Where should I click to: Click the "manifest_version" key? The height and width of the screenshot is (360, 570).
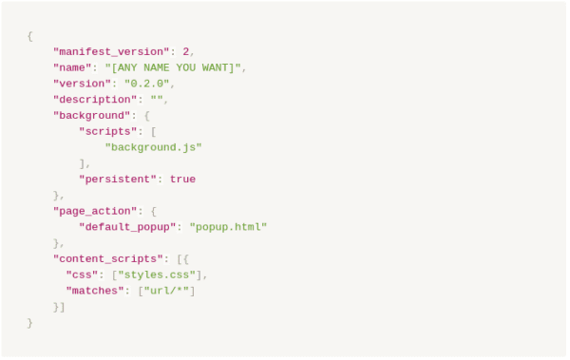click(x=111, y=52)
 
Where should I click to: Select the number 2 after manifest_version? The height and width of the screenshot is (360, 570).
click(x=186, y=51)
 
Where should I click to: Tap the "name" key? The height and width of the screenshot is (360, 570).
click(x=72, y=67)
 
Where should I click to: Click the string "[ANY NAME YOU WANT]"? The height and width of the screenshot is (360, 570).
click(x=173, y=67)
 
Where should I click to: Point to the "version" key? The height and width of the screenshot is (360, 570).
click(x=82, y=84)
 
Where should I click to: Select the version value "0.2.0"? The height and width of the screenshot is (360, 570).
click(x=147, y=84)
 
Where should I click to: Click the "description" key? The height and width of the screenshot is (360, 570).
click(x=95, y=100)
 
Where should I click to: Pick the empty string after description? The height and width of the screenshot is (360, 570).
click(x=157, y=99)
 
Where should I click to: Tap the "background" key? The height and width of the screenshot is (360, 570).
click(x=91, y=116)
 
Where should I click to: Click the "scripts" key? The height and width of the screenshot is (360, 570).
click(x=108, y=131)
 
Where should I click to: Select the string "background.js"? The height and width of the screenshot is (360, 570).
click(x=153, y=147)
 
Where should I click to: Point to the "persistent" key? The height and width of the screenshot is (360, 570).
click(x=118, y=180)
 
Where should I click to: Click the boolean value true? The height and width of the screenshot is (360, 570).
click(x=182, y=180)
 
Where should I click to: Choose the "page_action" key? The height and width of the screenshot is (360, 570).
click(x=95, y=211)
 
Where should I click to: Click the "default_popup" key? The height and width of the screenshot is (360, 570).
click(x=127, y=227)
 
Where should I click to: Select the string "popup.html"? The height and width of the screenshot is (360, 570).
click(x=228, y=227)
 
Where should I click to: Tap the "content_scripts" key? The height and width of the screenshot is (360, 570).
click(x=108, y=259)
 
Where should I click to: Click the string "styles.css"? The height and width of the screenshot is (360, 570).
click(x=157, y=275)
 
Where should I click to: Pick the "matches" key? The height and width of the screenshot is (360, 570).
click(x=95, y=291)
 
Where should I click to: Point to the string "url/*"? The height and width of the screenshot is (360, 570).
click(x=166, y=291)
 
